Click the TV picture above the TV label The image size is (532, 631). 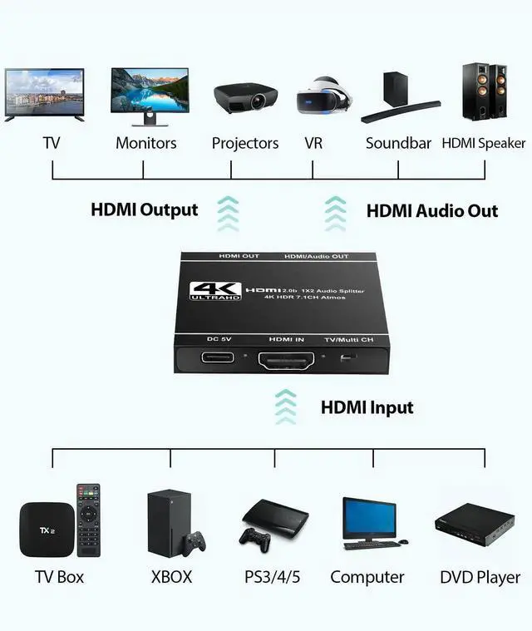click(x=44, y=95)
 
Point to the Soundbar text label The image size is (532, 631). click(x=398, y=143)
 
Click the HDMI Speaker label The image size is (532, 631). click(x=484, y=143)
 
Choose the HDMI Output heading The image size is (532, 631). click(x=145, y=210)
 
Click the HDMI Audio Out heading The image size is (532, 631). click(x=432, y=211)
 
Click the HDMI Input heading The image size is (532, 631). click(x=367, y=407)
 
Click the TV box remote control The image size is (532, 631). click(x=88, y=520)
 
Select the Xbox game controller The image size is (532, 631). click(x=195, y=544)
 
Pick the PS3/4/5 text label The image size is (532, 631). click(x=274, y=577)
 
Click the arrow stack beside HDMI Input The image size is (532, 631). click(x=285, y=407)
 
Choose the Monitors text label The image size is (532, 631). click(x=146, y=143)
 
